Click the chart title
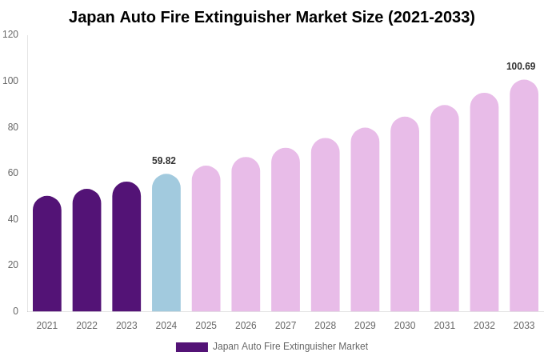pos(272,17)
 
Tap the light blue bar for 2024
pos(166,243)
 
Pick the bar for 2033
pos(524,196)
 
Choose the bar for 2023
pos(126,247)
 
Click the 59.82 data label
pos(164,161)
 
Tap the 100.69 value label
pos(521,66)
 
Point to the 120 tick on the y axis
pos(10,34)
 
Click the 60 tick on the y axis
pos(13,173)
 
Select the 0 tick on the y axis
pos(15,311)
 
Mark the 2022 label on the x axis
pos(87,326)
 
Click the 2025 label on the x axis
pos(206,326)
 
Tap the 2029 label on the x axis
pos(365,326)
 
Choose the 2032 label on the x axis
pos(484,326)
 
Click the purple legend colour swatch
pos(192,347)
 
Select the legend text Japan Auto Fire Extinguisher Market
pos(290,346)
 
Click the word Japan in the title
pos(91,17)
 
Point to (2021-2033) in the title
pos(431,17)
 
